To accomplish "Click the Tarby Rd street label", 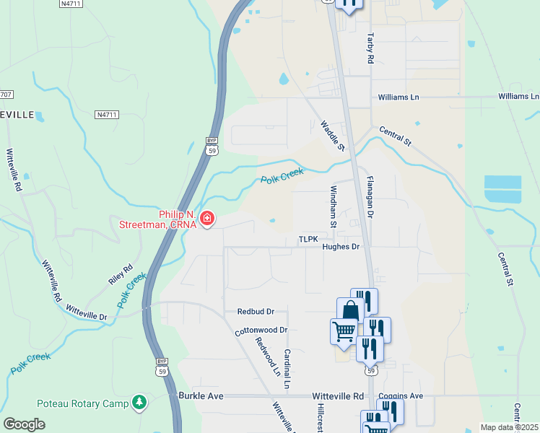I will pos(370,49).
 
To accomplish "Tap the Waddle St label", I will pos(332,135).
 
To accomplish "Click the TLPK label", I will pos(308,239).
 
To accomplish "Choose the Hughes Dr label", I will pos(341,247).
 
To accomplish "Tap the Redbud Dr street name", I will pos(256,312).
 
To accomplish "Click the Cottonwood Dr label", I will pos(261,330).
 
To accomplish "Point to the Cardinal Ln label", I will pos(287,369).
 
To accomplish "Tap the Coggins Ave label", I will pos(401,396).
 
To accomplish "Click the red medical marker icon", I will pos(207,218).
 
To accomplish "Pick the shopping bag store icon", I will pos(349,310).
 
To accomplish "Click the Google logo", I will pos(24,424).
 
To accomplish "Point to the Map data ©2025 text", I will pos(509,427).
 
